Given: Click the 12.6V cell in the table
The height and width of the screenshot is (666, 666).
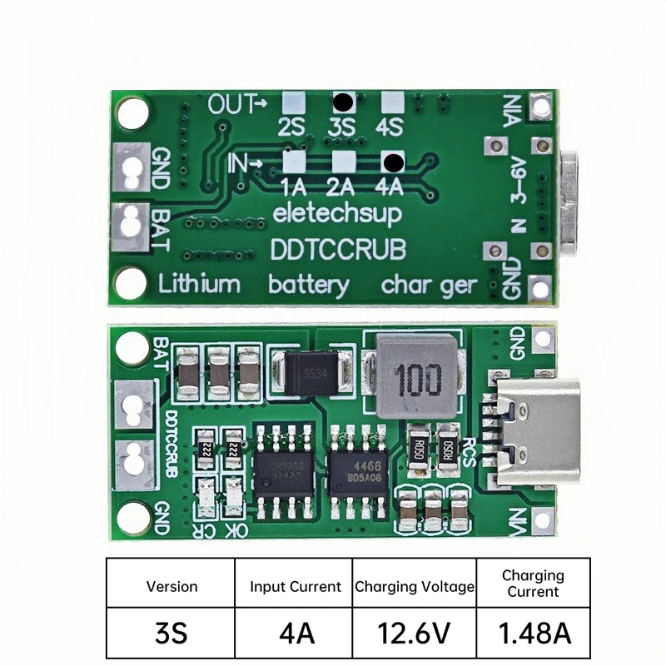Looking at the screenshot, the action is [x=415, y=633].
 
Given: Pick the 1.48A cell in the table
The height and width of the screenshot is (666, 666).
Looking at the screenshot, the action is [x=534, y=633].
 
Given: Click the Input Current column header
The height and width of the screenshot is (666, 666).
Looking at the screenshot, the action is [x=296, y=586].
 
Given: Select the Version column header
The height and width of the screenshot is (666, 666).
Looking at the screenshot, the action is [x=172, y=586].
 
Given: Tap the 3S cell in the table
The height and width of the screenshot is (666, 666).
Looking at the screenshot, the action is [x=172, y=633].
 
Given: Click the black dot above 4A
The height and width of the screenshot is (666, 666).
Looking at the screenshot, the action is [x=393, y=162].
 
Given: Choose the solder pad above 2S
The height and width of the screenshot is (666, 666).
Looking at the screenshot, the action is [x=291, y=103].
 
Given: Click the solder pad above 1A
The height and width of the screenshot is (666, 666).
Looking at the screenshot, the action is [x=294, y=162].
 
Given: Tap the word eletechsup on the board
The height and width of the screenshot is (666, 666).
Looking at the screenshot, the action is [x=337, y=213].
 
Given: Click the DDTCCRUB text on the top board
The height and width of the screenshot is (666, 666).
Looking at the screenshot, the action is [x=337, y=248].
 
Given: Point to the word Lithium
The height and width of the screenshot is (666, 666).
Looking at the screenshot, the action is [x=199, y=285].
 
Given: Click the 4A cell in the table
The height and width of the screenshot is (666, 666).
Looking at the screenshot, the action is [x=296, y=633].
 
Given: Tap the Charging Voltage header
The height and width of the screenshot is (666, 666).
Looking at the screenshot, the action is [x=415, y=586].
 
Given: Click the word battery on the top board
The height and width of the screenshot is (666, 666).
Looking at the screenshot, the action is [x=309, y=285].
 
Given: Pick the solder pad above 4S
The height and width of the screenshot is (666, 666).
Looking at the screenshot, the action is [x=392, y=103].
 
